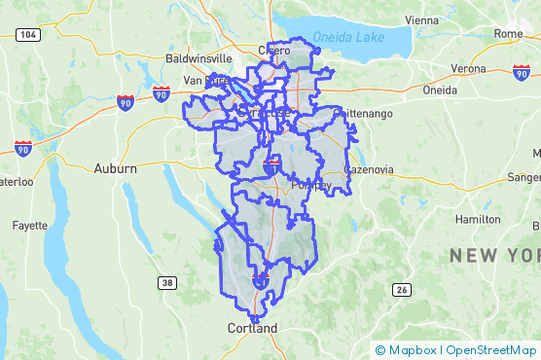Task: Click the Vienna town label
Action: pos(421,19)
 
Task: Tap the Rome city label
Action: pos(508,33)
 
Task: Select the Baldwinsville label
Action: pos(198,58)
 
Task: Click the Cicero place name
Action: pos(274,50)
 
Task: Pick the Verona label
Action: pos(468,69)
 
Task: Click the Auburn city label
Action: pos(115,168)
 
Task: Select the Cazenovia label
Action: pos(369,169)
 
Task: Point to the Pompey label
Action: pos(312,186)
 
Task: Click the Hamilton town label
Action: pos(478,220)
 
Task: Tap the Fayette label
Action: pos(29,225)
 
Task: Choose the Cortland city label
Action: pos(252,328)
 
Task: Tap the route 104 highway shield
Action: pos(28,35)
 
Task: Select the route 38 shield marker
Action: pos(167,282)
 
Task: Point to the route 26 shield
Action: pos(401,290)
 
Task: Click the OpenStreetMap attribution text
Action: pos(491,350)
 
